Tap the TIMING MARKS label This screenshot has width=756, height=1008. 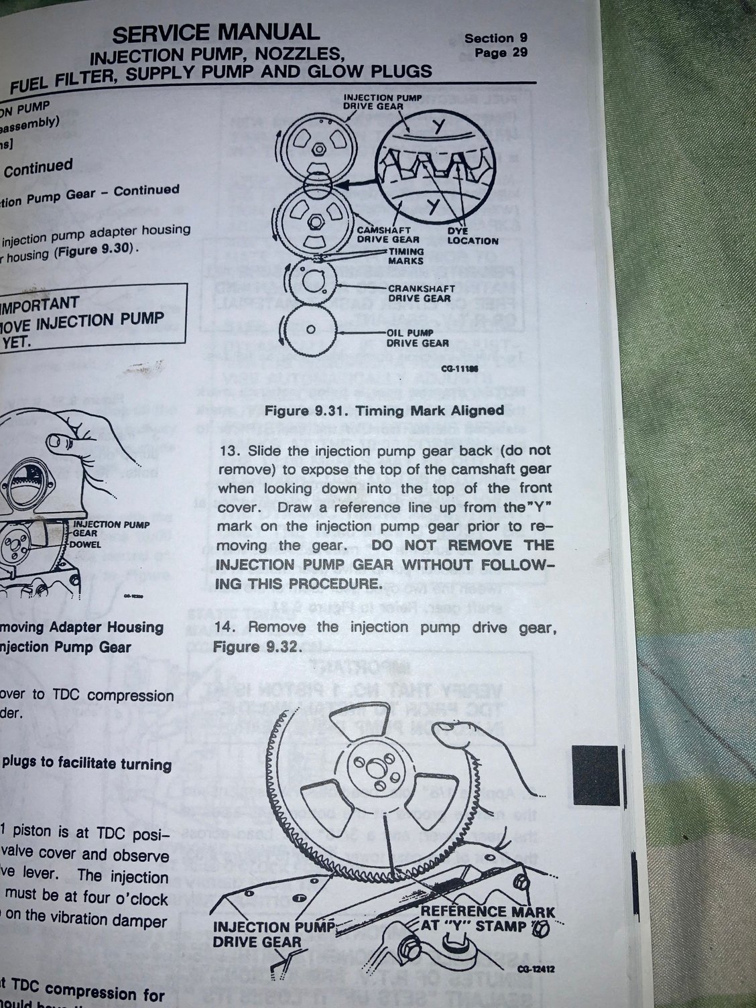(406, 256)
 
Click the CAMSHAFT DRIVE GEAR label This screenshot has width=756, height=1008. (388, 234)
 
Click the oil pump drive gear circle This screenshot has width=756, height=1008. (310, 330)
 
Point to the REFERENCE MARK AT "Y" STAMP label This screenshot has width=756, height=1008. (487, 919)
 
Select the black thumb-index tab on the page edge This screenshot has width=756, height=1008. (596, 777)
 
